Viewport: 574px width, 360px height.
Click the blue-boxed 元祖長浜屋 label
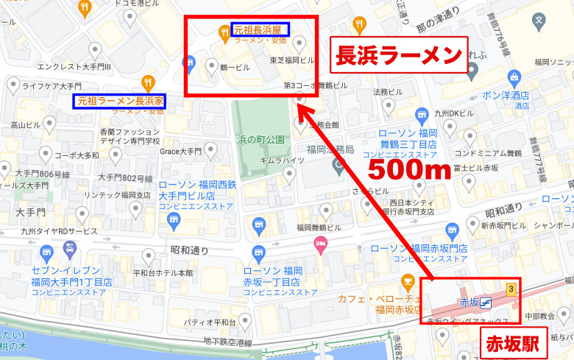(261, 29)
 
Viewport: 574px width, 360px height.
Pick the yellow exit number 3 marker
(509, 289)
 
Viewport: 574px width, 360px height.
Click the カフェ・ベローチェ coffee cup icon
(407, 282)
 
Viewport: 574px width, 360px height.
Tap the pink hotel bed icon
(320, 244)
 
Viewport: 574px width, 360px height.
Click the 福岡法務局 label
(331, 149)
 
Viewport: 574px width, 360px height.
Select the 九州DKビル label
(454, 113)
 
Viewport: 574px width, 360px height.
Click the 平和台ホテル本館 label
(163, 272)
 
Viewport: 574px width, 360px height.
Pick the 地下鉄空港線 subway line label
(228, 343)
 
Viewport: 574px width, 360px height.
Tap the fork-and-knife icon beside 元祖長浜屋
(224, 30)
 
